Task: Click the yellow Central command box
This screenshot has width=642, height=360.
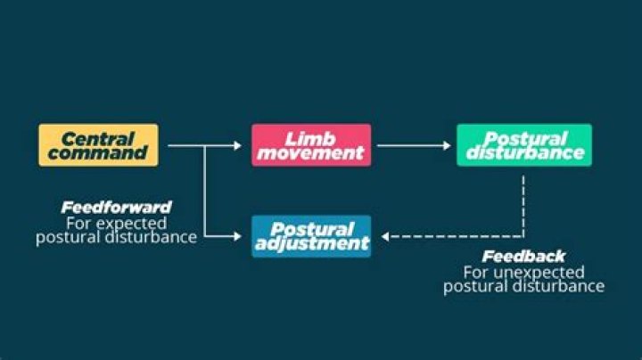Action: [x=98, y=145]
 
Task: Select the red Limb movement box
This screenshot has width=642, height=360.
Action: [x=311, y=145]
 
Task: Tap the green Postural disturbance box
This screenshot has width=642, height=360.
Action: [x=524, y=145]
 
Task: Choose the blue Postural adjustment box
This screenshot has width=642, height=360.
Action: [x=311, y=236]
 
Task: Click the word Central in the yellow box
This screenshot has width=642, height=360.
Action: [x=98, y=139]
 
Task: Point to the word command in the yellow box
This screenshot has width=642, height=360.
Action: [x=97, y=153]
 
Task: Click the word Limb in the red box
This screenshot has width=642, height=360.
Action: [x=310, y=139]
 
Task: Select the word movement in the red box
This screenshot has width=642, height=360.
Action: [x=310, y=153]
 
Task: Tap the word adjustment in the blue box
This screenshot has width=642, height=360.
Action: [x=312, y=244]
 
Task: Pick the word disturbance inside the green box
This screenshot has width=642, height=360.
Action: [x=525, y=153]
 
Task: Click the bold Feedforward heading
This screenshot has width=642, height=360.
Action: [x=116, y=208]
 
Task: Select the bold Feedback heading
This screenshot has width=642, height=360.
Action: [x=523, y=257]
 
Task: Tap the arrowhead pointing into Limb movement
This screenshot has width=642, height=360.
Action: [x=238, y=145]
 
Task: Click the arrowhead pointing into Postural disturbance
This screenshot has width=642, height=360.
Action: [x=447, y=145]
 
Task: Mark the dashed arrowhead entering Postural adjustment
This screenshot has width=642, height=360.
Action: [x=385, y=236]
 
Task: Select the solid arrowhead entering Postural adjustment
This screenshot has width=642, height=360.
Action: [x=238, y=236]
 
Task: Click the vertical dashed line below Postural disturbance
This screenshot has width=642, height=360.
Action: [x=523, y=206]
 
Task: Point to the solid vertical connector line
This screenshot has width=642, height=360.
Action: [x=204, y=191]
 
